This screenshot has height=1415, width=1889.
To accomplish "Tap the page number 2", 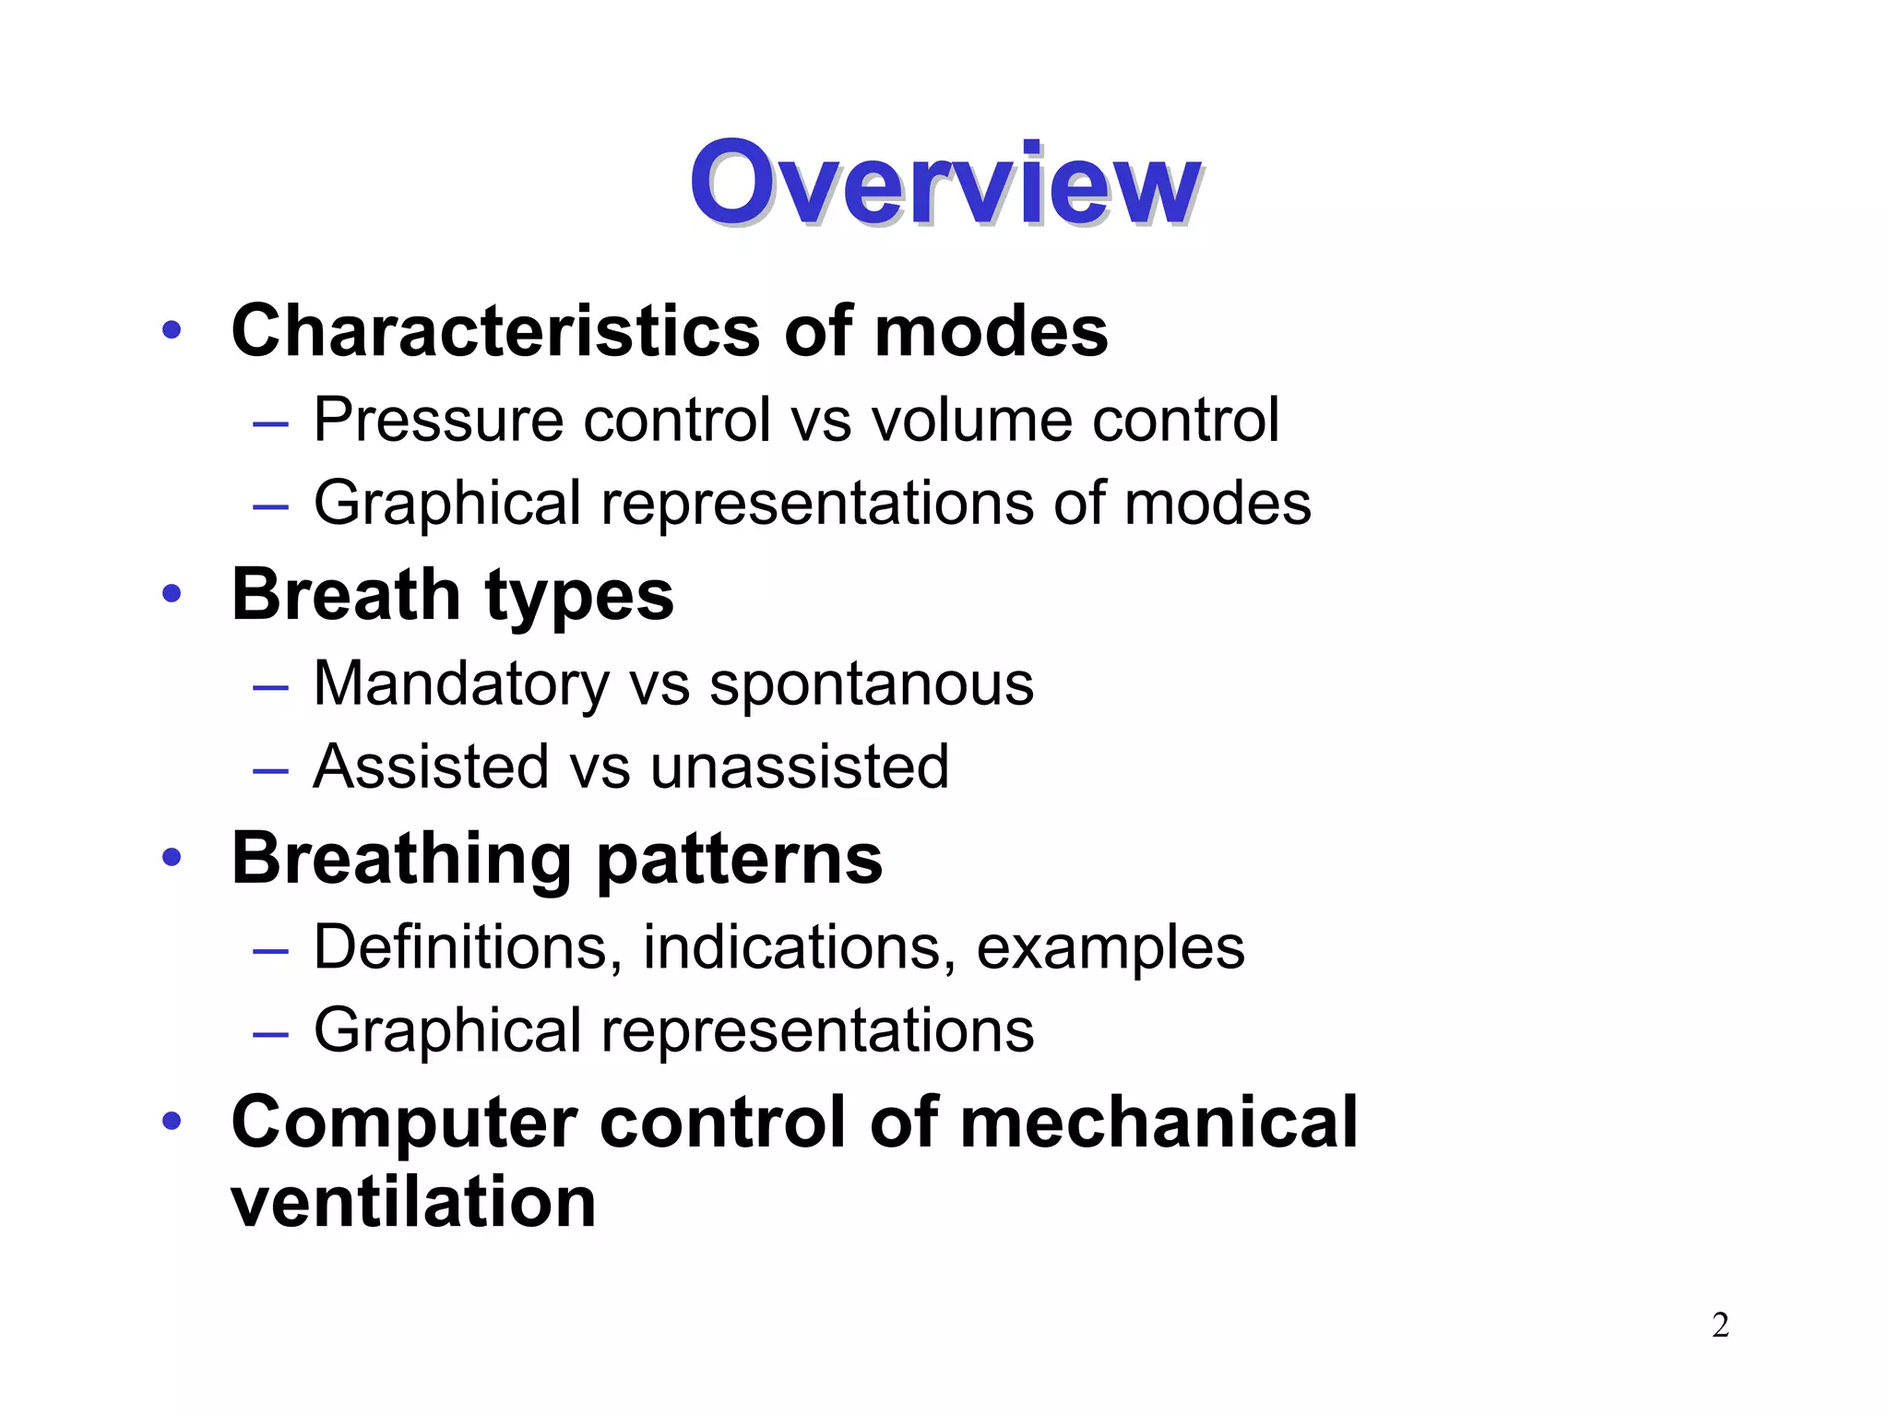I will coord(1719,1326).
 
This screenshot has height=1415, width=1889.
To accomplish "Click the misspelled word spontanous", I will coord(871,684).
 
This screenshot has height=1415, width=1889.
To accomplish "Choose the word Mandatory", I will coord(461,684).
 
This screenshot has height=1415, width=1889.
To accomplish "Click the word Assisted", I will coord(431,767).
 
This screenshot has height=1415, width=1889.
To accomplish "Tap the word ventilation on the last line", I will coord(413,1202).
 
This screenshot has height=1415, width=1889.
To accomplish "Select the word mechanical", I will coord(1158,1122).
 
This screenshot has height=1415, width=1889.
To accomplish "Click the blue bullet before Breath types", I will coord(171,593).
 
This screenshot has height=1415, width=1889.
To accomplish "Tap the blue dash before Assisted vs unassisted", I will coord(270,768).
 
